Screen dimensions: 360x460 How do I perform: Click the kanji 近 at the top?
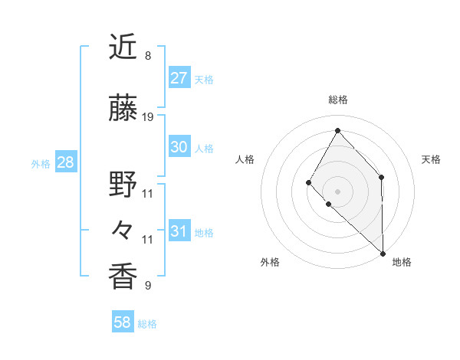[x=123, y=48]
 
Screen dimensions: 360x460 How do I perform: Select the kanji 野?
[x=123, y=184]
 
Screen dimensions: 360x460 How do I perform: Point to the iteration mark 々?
[x=123, y=229]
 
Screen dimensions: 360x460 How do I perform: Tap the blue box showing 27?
[x=179, y=78]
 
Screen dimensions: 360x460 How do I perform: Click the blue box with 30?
[x=179, y=147]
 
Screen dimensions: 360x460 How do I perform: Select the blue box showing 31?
[x=179, y=231]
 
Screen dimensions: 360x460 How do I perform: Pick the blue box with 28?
[x=65, y=162]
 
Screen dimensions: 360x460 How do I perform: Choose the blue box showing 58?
[x=123, y=322]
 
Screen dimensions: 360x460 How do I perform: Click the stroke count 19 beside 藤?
[x=148, y=117]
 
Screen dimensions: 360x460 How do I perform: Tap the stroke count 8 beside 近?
[x=148, y=56]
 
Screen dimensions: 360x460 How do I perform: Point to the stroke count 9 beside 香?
[x=148, y=286]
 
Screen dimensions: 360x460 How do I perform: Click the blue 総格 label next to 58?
[x=147, y=324]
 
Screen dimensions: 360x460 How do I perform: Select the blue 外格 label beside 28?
[x=41, y=164]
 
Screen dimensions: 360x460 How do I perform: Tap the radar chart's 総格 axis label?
[x=337, y=100]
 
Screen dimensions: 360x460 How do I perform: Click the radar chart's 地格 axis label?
[x=402, y=262]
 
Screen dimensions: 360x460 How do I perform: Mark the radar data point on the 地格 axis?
[x=383, y=253]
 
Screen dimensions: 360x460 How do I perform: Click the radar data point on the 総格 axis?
[x=337, y=129]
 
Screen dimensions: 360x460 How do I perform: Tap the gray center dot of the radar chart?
[x=337, y=191]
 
